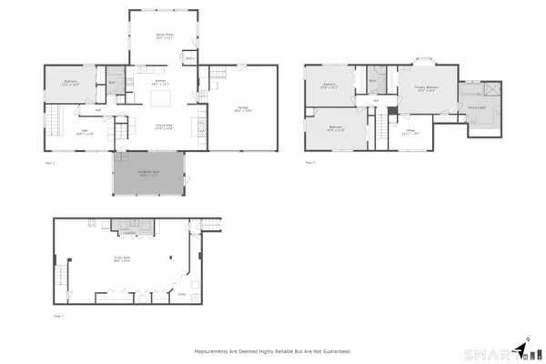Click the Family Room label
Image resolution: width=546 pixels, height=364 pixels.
(165, 36)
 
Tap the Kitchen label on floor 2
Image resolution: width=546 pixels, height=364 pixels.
(160, 82)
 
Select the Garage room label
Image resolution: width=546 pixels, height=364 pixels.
(243, 109)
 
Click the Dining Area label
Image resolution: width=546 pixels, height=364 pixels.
(165, 126)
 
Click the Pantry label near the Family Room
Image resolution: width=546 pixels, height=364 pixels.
(190, 58)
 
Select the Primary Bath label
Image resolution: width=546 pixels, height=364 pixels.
(478, 106)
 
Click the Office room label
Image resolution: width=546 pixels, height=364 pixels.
(410, 131)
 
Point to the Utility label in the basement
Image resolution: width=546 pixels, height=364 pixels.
(182, 294)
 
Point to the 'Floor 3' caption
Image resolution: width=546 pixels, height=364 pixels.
(310, 163)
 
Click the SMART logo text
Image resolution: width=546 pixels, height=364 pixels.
(487, 352)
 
